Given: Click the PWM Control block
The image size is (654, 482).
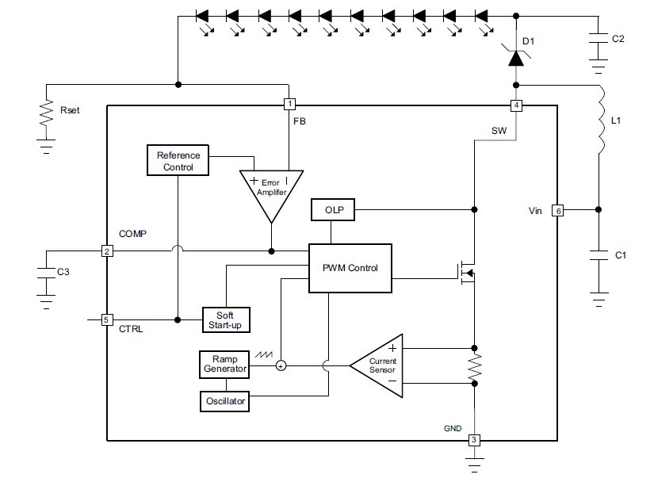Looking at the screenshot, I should coord(350,268).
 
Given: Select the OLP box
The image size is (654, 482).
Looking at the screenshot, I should coord(333,210).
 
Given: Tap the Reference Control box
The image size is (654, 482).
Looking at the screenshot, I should coord(178,161).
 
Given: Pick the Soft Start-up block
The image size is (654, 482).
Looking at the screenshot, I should coord(226,320).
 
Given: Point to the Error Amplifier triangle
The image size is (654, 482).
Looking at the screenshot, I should coord(270,190).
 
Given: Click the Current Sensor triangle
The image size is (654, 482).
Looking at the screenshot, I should coord(380,365).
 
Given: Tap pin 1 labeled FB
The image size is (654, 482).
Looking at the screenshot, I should coord(290,105).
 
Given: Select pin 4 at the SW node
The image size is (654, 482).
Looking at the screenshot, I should coord(517,105).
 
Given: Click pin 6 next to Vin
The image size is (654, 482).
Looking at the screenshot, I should coord(558,211).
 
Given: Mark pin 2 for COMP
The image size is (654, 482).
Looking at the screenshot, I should coord(106,251).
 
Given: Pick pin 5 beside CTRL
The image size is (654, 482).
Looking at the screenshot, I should coord(106,320).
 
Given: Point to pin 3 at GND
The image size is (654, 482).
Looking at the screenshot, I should coord(474,440).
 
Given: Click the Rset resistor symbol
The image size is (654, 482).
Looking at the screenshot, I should coord(46,115).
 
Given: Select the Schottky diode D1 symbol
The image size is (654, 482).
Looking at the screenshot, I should coord(516,56).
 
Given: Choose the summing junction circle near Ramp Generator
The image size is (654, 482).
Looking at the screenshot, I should coord(281,365).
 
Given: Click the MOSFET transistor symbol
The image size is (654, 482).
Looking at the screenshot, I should coord(466,274).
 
